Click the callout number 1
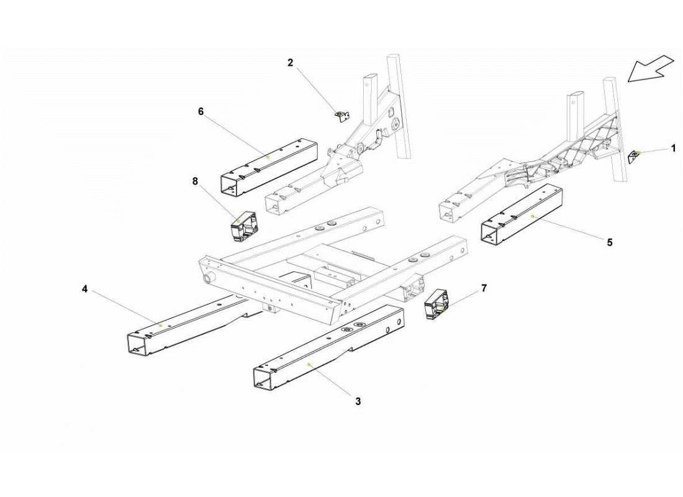[672, 148]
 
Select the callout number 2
[290, 62]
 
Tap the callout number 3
[358, 401]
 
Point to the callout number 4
[84, 289]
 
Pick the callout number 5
[609, 242]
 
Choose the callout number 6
[201, 111]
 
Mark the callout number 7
[484, 288]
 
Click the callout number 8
[195, 181]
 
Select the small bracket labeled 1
[635, 155]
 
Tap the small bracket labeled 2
[341, 116]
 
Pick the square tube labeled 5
[528, 214]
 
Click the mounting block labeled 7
[436, 304]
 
